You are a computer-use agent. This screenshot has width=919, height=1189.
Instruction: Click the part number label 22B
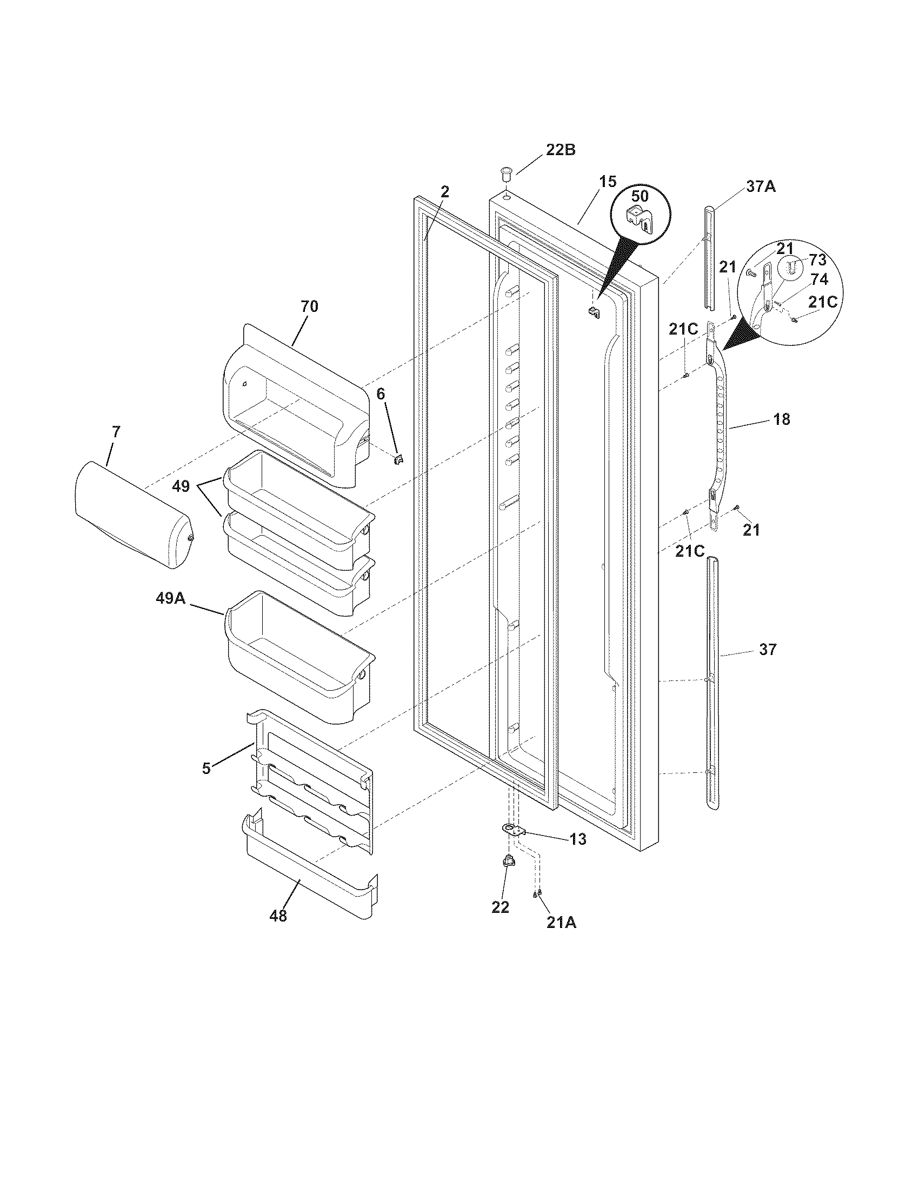click(x=560, y=150)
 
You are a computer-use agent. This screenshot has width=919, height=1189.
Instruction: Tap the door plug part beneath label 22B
click(x=505, y=176)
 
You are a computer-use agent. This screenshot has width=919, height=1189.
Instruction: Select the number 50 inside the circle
click(x=640, y=196)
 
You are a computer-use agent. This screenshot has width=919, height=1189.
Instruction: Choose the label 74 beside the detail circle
click(x=820, y=279)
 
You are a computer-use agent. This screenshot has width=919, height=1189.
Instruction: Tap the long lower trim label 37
click(x=768, y=649)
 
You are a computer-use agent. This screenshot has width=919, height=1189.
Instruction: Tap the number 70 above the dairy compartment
click(x=309, y=306)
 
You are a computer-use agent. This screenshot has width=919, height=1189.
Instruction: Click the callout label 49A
click(x=171, y=599)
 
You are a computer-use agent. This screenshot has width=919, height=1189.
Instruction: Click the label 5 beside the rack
click(x=206, y=769)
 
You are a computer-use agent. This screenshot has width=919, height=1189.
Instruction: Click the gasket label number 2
click(x=445, y=192)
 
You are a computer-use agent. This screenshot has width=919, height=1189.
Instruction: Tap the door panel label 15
click(x=608, y=181)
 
